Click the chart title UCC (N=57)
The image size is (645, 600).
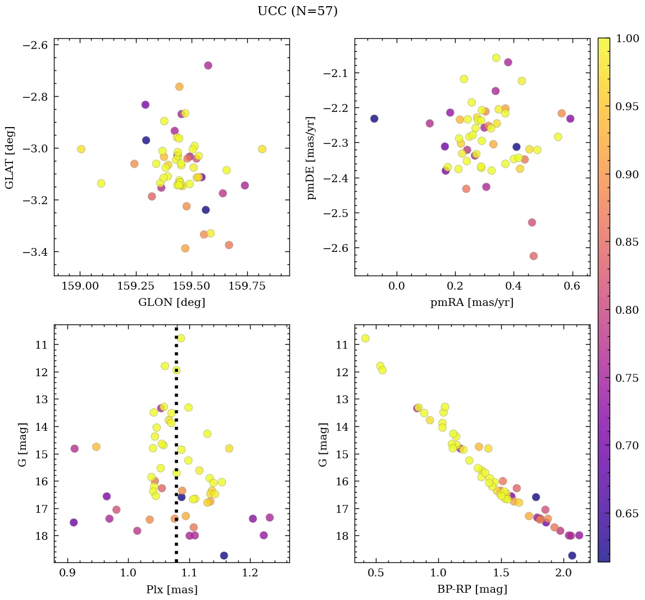tap(297, 11)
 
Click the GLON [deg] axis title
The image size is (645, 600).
tap(171, 303)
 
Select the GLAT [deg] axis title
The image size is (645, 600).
tap(10, 157)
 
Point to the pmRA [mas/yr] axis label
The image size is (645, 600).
tap(472, 303)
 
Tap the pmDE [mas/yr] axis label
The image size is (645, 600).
tap(310, 157)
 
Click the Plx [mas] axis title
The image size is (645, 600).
tap(171, 589)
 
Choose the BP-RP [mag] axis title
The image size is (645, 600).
tap(472, 589)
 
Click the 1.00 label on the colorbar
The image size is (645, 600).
tap(628, 38)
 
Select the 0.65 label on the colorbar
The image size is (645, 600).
tap(628, 513)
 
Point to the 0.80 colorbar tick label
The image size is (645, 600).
tap(628, 310)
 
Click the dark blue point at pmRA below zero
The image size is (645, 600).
tap(374, 119)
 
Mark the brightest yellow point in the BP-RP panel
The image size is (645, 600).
tap(365, 338)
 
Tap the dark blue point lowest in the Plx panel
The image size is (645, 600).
tap(224, 556)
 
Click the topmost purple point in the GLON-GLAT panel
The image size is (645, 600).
tap(208, 65)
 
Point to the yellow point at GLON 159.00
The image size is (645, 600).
tap(81, 149)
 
